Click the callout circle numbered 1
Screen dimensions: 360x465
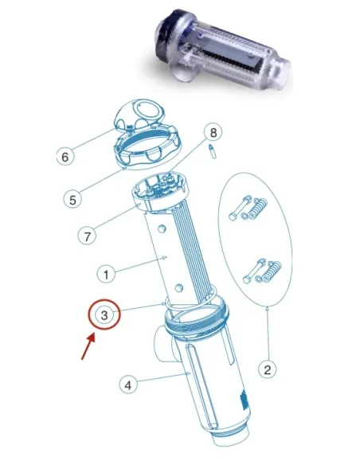pos(106,275)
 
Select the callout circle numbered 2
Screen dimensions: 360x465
pos(268,369)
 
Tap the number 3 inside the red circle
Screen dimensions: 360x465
pos(104,315)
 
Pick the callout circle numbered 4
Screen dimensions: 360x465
pos(128,385)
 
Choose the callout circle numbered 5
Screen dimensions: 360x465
pos(72,200)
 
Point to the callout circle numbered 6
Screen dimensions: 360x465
pos(65,157)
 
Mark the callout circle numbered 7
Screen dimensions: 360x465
pos(87,236)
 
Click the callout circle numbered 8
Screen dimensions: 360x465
pos(213,132)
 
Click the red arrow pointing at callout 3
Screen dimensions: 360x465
pos(88,346)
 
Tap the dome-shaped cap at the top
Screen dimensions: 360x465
pos(139,115)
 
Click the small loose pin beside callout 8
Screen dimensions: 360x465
pos(213,151)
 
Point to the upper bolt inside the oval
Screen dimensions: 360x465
pos(240,208)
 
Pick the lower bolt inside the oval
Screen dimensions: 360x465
pos(254,271)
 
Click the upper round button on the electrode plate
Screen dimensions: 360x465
pos(162,229)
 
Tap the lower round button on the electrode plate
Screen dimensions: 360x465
pos(178,287)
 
